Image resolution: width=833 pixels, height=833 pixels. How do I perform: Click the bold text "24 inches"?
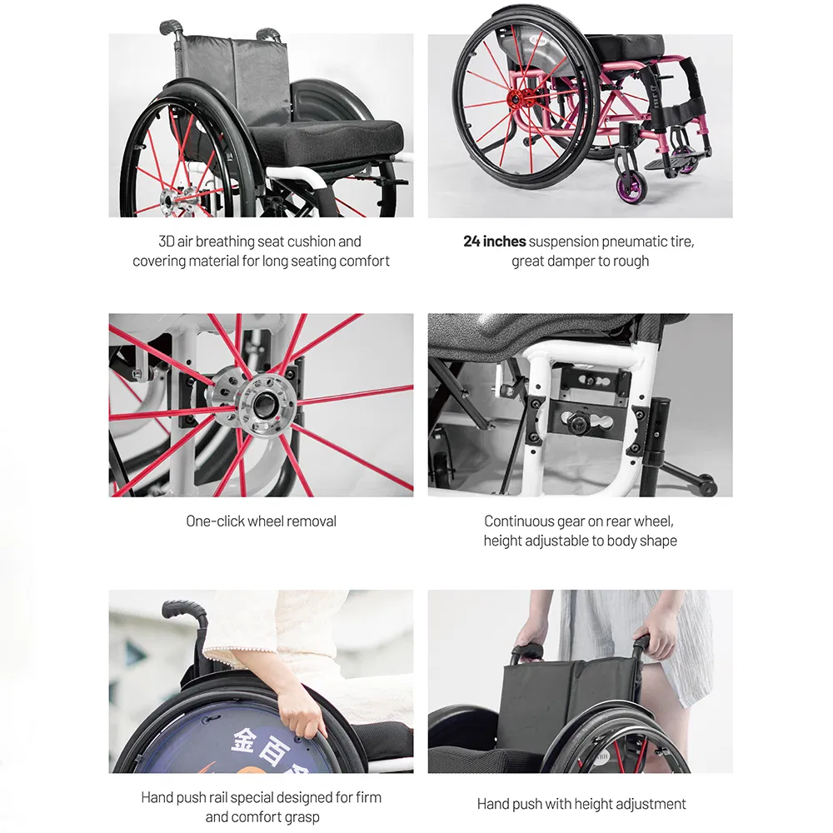(x=494, y=242)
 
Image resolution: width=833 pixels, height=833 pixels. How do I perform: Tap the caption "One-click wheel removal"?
(x=261, y=521)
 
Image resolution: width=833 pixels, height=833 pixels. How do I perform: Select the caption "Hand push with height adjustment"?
(x=581, y=804)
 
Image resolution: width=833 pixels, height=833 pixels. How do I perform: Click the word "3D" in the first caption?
(x=167, y=242)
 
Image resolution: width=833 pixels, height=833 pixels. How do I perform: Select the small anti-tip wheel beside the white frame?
(x=706, y=484)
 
